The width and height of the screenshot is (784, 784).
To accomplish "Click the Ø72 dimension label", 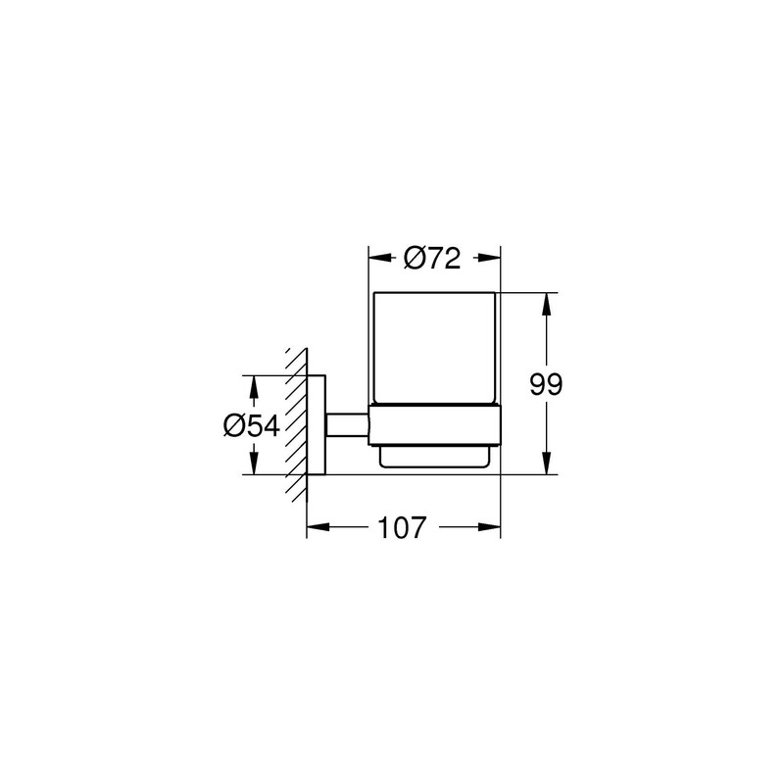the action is click(x=432, y=259).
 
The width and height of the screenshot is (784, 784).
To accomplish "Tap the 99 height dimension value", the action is click(x=546, y=384).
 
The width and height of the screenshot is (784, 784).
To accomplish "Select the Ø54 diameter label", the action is click(x=252, y=426).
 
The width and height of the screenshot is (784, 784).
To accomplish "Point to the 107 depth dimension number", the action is click(x=402, y=527).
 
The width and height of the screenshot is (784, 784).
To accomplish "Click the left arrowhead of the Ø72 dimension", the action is click(x=380, y=258).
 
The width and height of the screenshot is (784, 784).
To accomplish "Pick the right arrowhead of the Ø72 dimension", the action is click(x=489, y=258).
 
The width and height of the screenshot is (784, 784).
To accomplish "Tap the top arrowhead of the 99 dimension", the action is click(x=547, y=304).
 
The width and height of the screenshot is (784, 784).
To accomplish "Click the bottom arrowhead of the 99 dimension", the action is click(x=547, y=463).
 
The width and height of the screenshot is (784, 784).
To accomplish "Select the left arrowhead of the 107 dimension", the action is click(x=318, y=526).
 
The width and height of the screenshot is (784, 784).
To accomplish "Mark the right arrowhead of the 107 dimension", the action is click(x=489, y=526).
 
